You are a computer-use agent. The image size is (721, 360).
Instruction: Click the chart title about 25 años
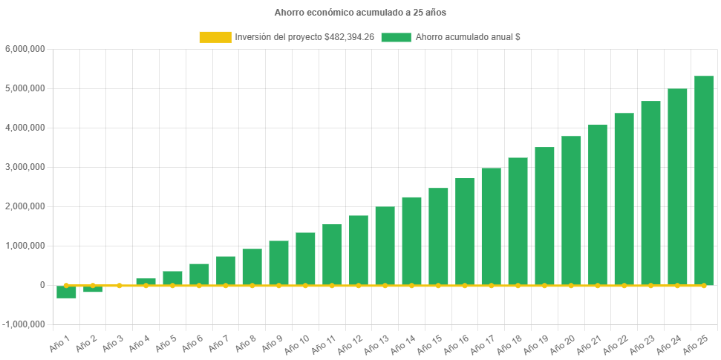click(x=360, y=13)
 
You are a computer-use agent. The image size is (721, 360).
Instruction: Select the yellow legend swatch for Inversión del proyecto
click(x=215, y=37)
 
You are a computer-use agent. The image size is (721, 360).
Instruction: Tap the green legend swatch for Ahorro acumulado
click(x=396, y=37)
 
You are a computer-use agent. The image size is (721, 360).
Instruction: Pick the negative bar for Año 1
click(x=67, y=292)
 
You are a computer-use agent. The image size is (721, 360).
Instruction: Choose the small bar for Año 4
click(x=146, y=281)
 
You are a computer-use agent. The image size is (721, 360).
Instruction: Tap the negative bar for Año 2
click(x=93, y=289)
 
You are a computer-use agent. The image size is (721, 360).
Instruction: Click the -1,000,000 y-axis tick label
click(x=24, y=324)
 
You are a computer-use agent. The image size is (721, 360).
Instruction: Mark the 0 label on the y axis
click(x=42, y=285)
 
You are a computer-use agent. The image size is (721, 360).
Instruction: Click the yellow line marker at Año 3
click(x=120, y=285)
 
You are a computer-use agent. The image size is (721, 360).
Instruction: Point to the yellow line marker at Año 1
click(x=66, y=285)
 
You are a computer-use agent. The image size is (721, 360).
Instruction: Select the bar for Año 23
click(x=650, y=193)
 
